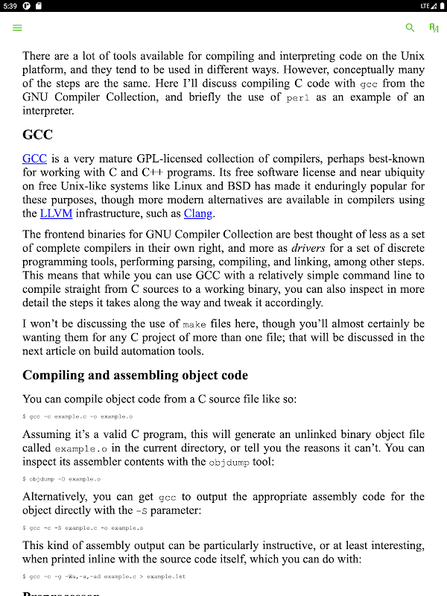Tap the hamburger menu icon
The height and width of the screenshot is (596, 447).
point(17,28)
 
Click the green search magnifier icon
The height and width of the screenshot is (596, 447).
point(410,28)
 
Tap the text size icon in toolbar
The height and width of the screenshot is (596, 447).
point(434,28)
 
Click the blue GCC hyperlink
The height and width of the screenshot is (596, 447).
point(34,159)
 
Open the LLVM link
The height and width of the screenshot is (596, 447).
point(57,213)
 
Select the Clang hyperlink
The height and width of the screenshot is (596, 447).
point(198,213)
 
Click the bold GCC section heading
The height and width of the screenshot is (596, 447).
point(37,136)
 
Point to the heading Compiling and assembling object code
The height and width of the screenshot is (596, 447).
point(135,375)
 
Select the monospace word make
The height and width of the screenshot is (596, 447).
point(194,324)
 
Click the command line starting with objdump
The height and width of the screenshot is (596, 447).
point(61,479)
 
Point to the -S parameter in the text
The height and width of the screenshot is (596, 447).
point(146,511)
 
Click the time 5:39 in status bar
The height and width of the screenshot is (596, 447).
point(10,6)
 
